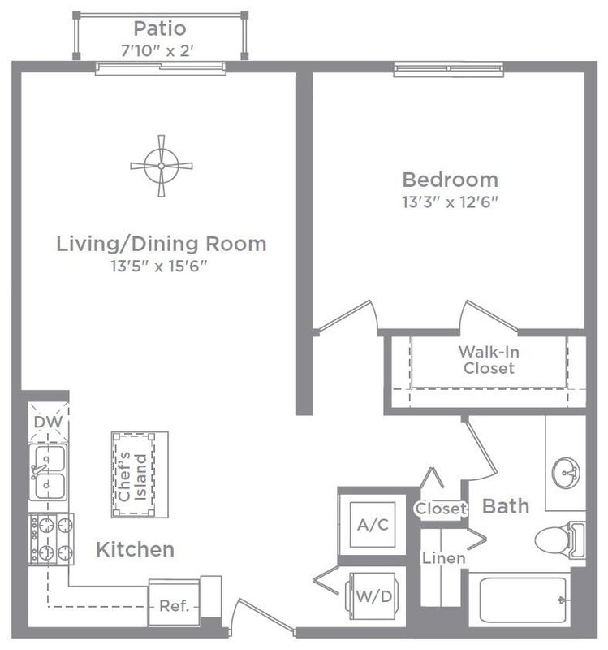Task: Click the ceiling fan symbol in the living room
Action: [162, 166]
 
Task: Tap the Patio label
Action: [160, 28]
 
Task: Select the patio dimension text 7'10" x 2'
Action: [157, 50]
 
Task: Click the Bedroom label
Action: [451, 180]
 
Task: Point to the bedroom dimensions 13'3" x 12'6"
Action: [451, 201]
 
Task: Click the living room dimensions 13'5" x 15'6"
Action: [158, 266]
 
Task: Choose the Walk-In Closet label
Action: [489, 360]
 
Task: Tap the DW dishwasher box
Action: [49, 422]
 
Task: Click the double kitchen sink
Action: [48, 472]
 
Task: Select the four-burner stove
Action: [51, 539]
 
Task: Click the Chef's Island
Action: [140, 474]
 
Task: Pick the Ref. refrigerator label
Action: [174, 606]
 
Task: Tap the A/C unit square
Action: [373, 525]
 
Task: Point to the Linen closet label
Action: [443, 558]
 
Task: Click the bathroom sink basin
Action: [566, 473]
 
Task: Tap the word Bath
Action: [506, 506]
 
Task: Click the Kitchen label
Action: [135, 549]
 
